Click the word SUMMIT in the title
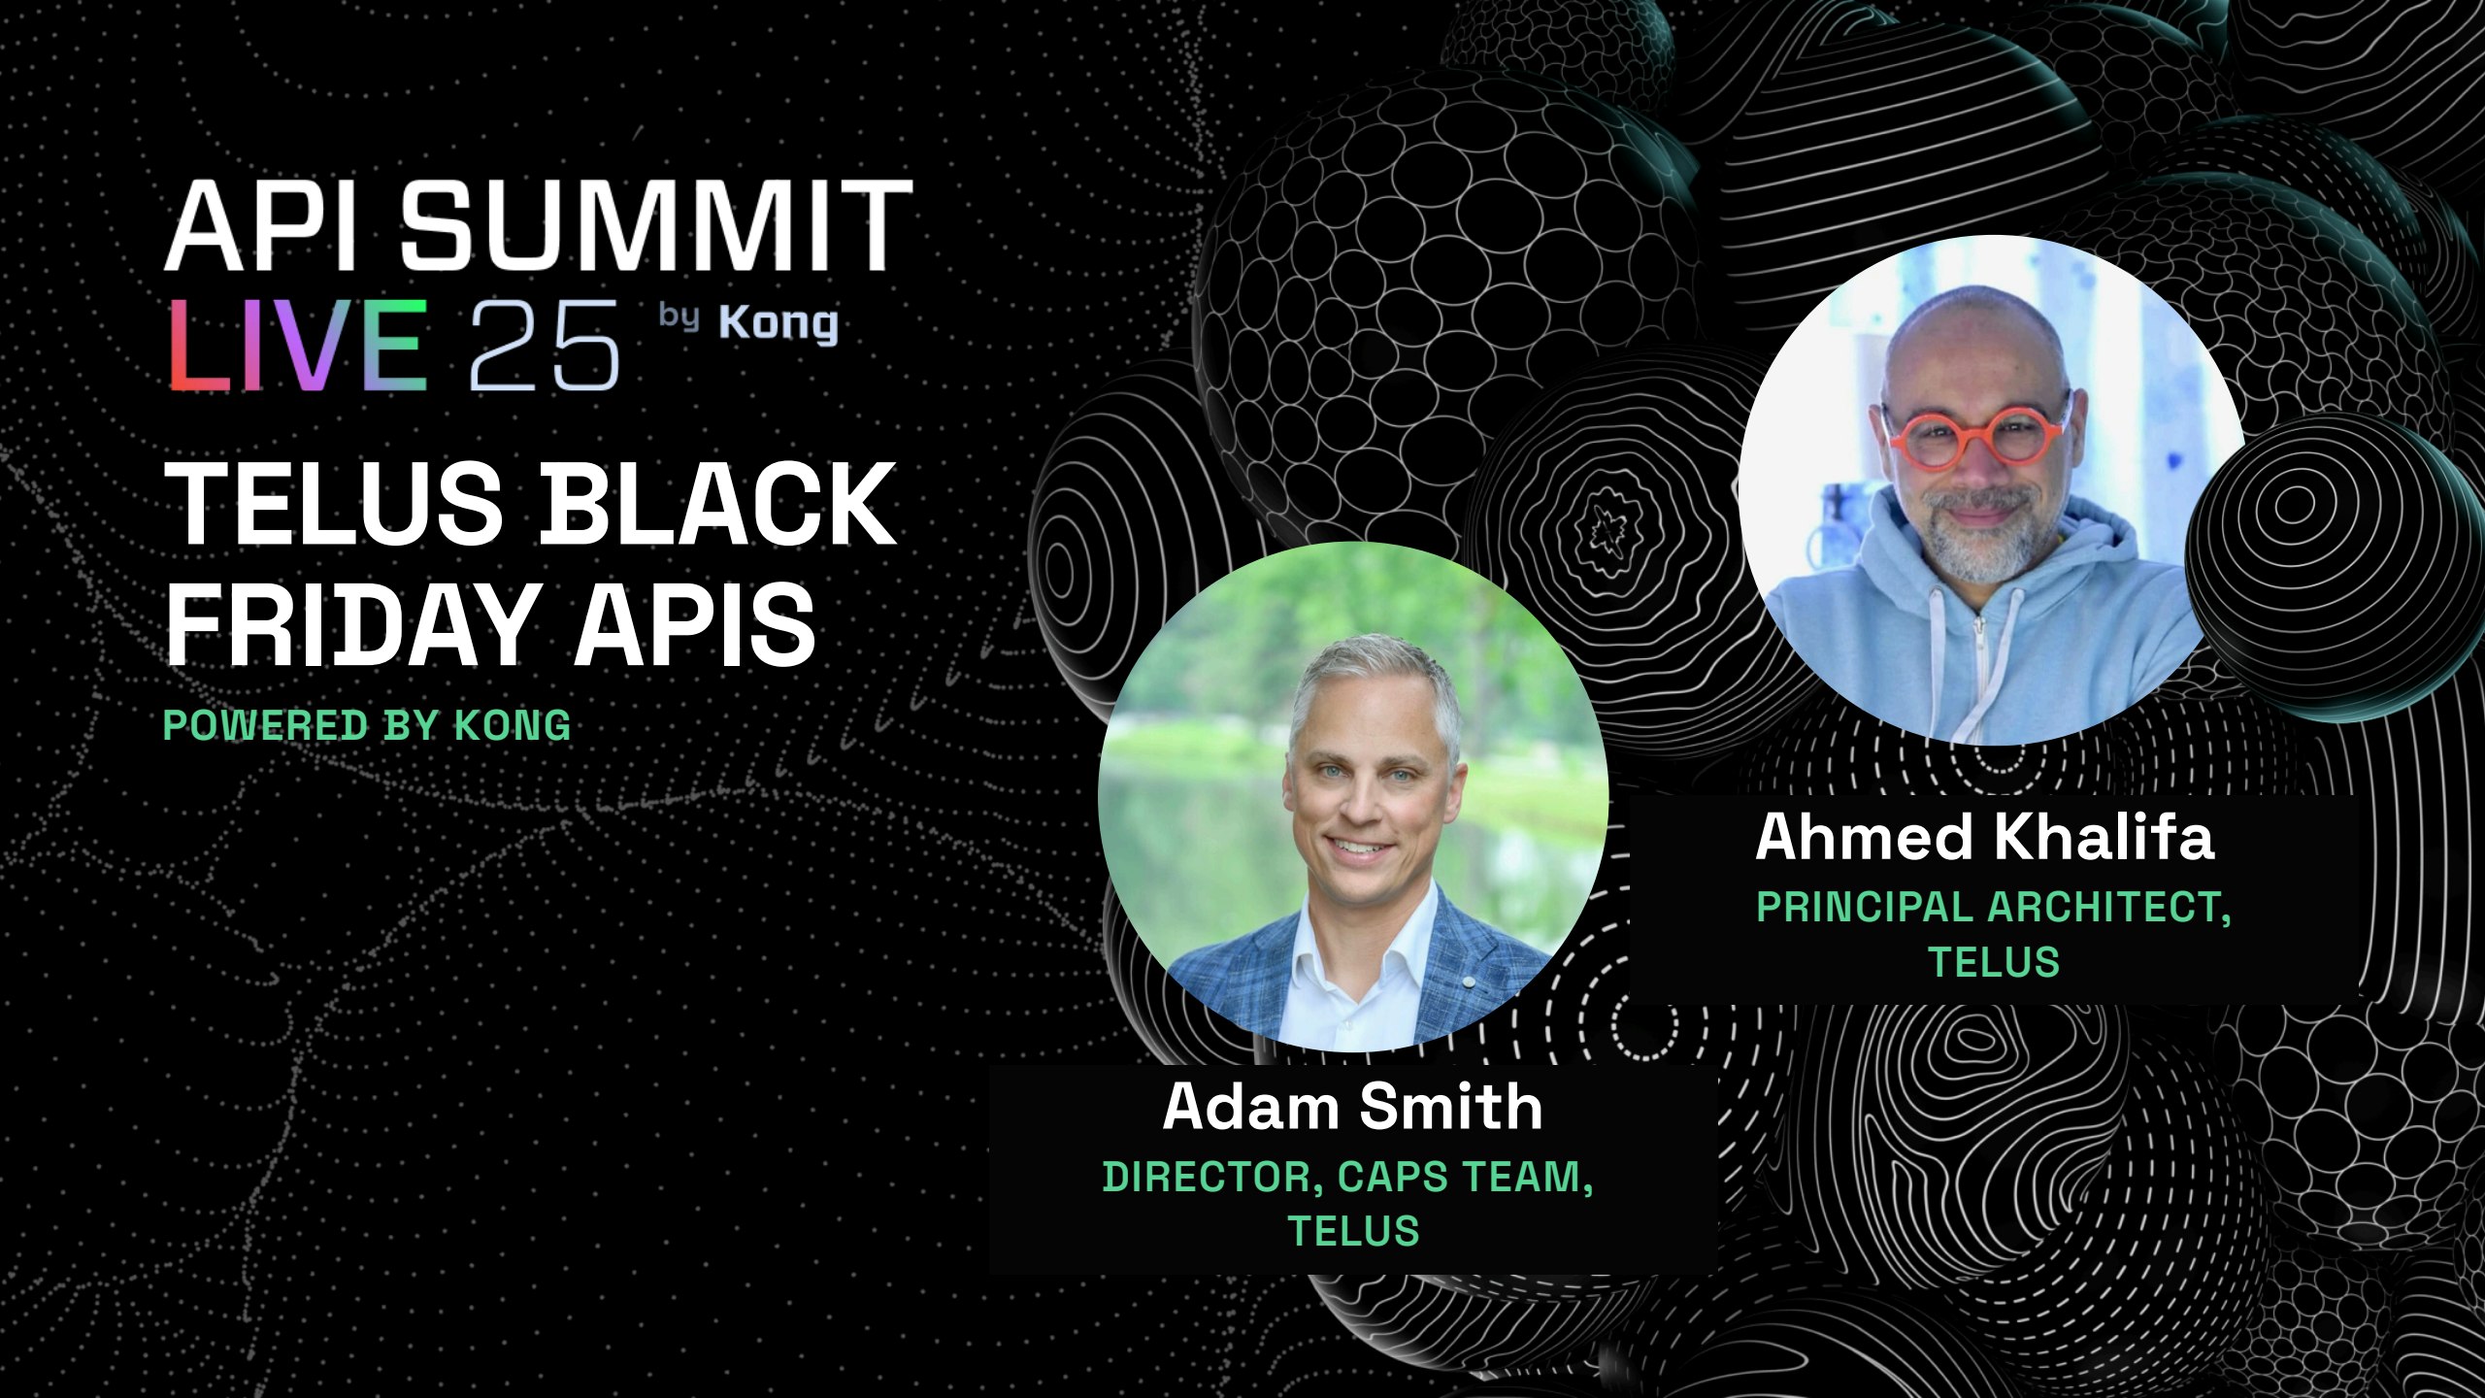[657, 225]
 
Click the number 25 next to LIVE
[544, 346]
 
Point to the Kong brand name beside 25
[779, 324]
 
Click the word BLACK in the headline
[717, 503]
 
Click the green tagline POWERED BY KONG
[367, 725]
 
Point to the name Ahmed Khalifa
[1985, 837]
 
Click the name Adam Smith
[1353, 1107]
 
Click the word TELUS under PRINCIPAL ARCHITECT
[1994, 962]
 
